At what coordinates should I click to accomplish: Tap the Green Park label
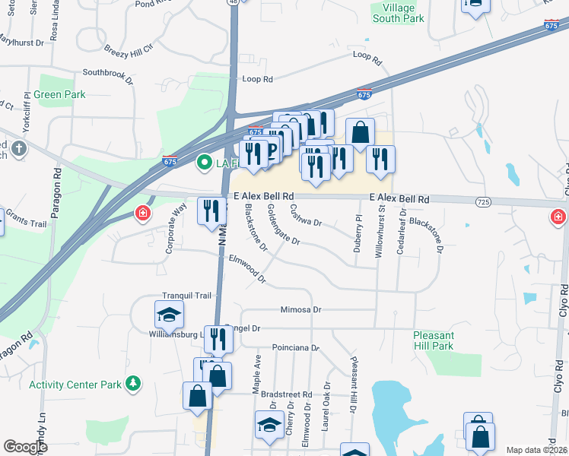59,95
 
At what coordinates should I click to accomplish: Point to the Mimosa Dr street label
301,310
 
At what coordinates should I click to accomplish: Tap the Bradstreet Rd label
286,395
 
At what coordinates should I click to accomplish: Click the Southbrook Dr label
107,74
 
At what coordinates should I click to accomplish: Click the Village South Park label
398,13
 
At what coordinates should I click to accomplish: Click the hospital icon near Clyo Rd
558,218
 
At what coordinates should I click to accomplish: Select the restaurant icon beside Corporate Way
211,211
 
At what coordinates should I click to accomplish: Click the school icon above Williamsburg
169,314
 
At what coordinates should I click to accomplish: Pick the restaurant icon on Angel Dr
218,339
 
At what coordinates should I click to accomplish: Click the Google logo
26,447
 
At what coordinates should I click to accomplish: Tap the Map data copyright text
536,450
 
